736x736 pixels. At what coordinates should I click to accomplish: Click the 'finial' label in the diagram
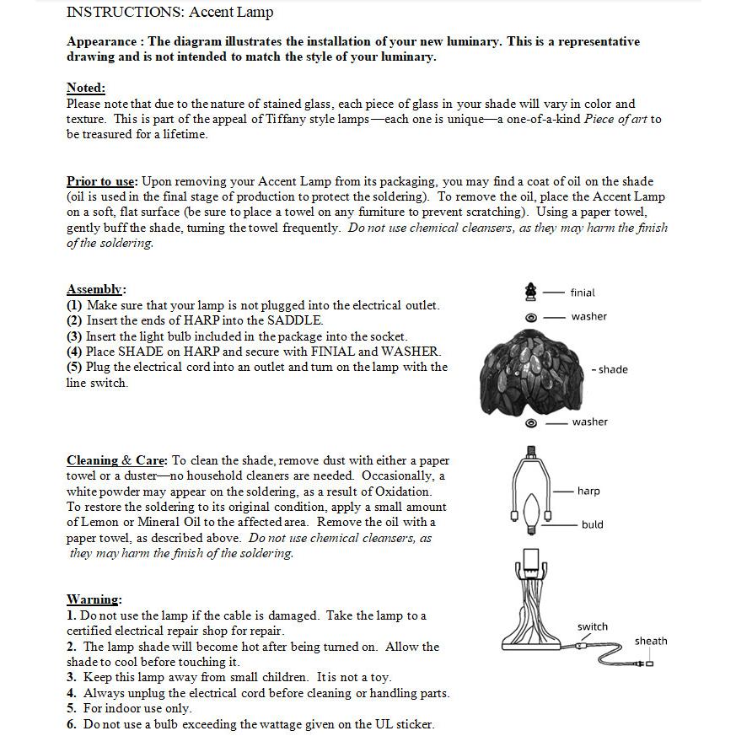point(583,293)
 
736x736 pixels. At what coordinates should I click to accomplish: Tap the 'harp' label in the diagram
point(588,491)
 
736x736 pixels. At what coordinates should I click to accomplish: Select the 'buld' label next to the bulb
point(592,524)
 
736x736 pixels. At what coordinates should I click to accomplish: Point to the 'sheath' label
point(651,641)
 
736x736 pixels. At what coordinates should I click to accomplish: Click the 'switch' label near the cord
point(592,626)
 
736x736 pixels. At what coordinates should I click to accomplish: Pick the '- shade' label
point(610,369)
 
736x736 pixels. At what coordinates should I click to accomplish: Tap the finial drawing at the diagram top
point(530,292)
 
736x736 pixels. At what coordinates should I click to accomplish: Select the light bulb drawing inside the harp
point(531,511)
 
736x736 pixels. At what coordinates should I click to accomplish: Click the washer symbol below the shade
point(531,422)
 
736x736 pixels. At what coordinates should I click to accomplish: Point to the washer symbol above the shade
point(531,318)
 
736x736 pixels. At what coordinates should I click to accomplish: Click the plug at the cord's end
point(646,663)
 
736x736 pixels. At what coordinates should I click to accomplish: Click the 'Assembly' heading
point(95,289)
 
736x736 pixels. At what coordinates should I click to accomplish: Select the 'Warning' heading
point(93,599)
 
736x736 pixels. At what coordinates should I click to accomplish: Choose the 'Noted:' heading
point(86,88)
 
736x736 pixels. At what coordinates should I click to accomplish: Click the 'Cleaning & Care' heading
point(117,460)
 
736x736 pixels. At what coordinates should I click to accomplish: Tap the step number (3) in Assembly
point(74,336)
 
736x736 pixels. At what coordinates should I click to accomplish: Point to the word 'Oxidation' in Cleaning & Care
point(403,492)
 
